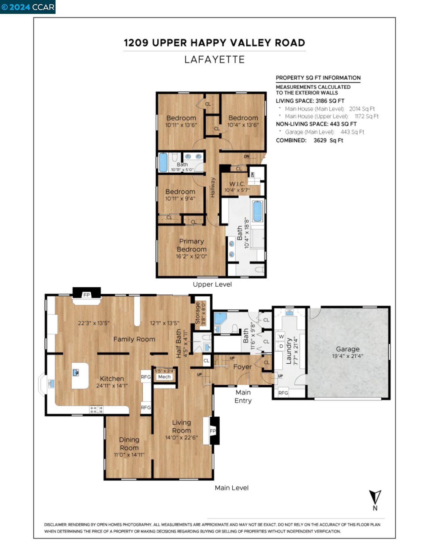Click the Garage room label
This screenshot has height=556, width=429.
coord(347,349)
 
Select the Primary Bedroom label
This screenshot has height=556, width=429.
coord(192,245)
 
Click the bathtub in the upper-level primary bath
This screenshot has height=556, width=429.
coord(257,211)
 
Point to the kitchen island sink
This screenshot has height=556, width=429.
coord(76,373)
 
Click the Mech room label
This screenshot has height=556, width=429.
coord(164,377)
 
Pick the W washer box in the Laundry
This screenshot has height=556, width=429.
coord(281,337)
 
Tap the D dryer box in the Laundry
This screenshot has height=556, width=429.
coord(281,346)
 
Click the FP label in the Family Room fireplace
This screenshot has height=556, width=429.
coord(86,295)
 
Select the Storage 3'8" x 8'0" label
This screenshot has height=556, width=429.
coord(200,313)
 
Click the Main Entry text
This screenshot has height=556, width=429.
coord(243,396)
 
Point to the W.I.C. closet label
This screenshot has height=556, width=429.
coord(237,184)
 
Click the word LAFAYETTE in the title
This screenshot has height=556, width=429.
coord(214,59)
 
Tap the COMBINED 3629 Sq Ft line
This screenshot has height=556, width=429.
coord(309,140)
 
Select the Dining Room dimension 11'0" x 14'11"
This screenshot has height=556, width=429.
coord(129,455)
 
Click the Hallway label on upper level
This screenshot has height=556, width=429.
coord(213,187)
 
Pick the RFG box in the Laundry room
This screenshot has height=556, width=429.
coord(283,393)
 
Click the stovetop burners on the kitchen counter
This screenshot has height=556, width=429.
coord(96,409)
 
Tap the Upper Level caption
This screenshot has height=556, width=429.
coord(212,284)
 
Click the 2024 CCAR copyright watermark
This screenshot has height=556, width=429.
coord(28,7)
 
